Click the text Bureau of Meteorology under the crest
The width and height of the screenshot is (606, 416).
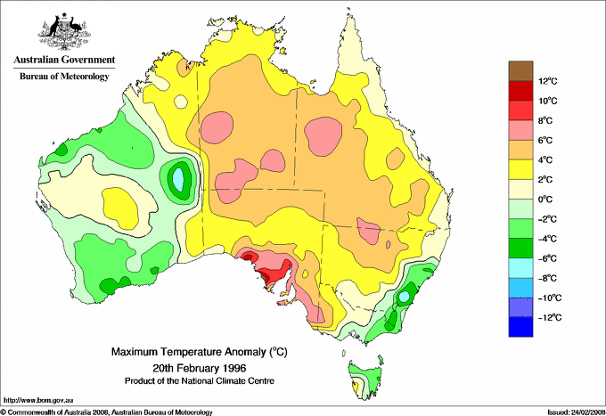coord(64,77)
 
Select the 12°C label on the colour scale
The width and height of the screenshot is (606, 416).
coord(547,81)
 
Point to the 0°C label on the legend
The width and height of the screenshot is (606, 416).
coord(545,200)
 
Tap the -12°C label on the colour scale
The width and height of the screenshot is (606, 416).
coord(548,317)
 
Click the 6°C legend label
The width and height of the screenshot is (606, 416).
coord(545,141)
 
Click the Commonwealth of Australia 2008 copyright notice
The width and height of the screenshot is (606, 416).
coord(107,412)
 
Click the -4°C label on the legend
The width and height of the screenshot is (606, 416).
coord(547,239)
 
